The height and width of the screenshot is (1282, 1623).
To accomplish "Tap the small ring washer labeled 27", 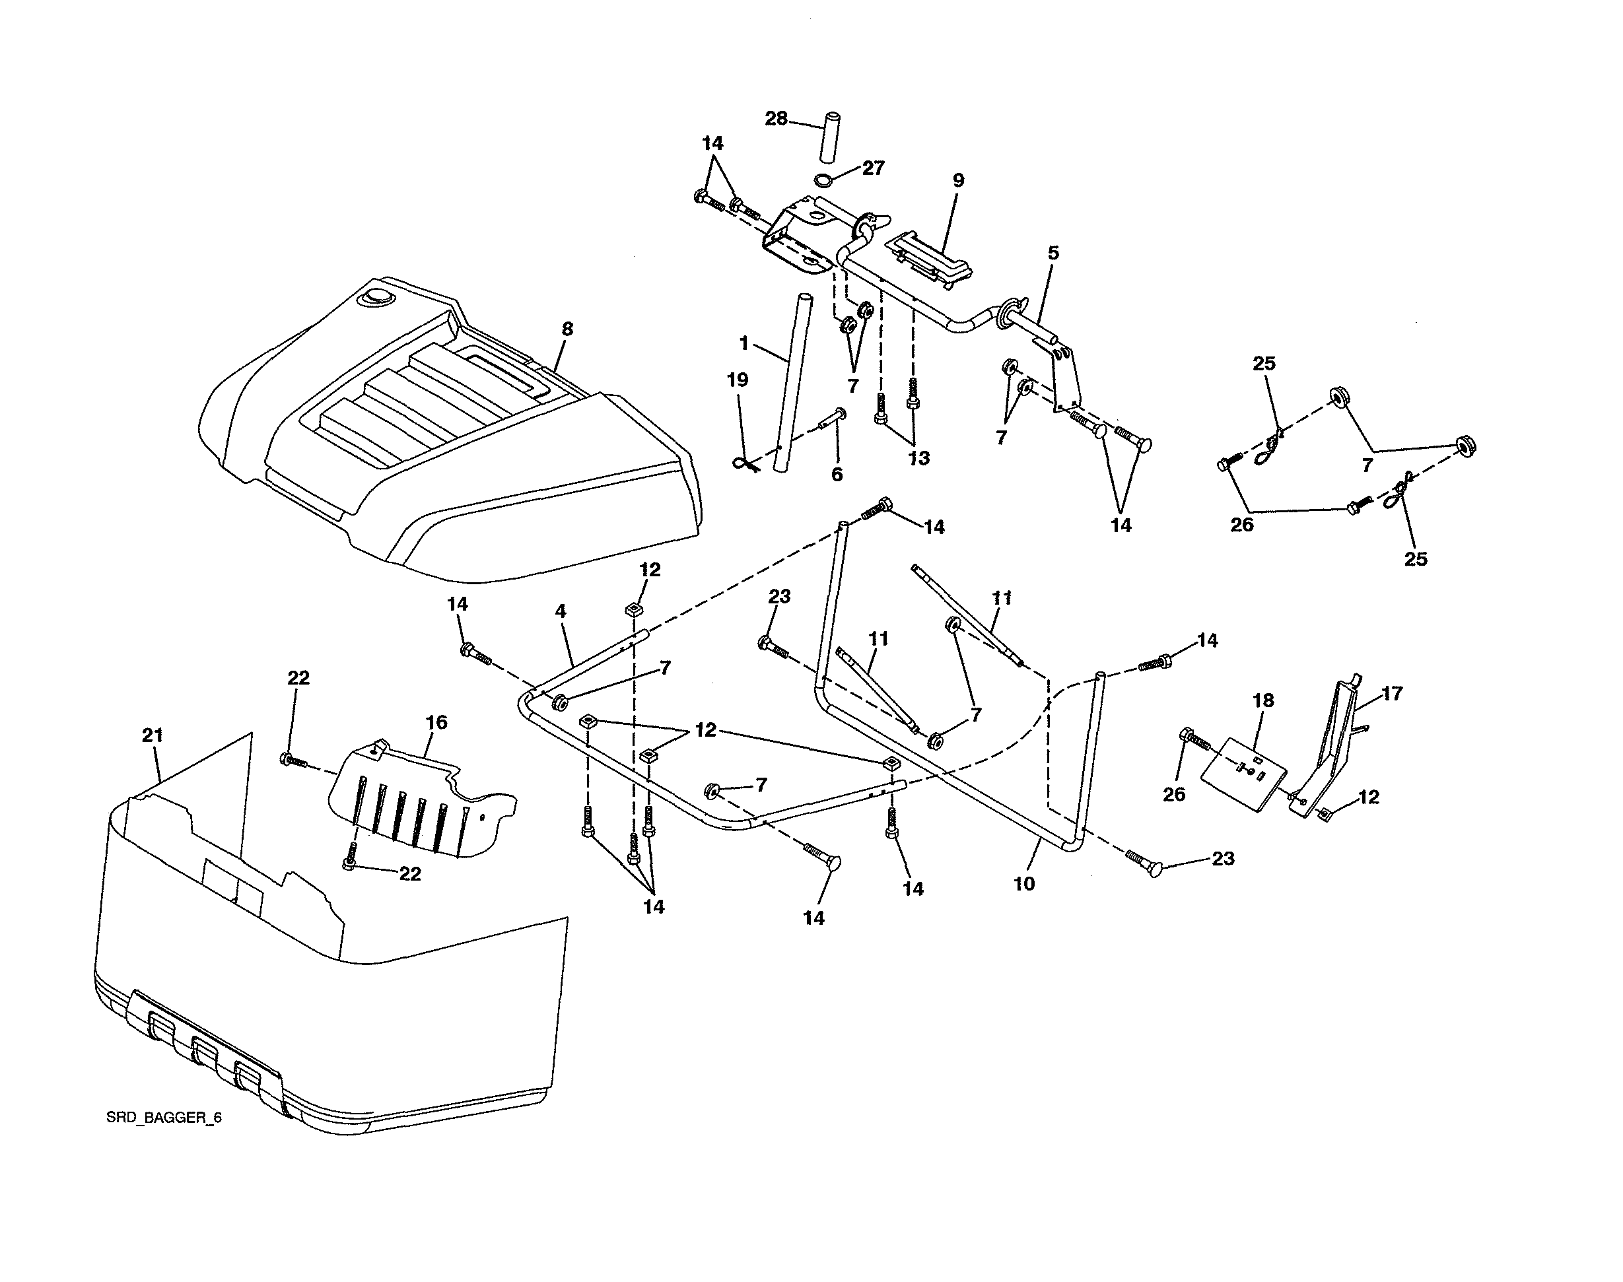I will point(823,180).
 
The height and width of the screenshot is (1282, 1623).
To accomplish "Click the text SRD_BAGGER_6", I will point(164,1118).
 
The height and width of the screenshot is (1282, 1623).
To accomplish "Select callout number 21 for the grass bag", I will point(153,735).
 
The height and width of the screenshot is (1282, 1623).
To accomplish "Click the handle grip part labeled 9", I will point(931,255).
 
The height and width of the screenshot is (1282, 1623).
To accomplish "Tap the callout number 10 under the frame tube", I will point(1024,884).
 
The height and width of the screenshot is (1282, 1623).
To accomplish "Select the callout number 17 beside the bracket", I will point(1391,694).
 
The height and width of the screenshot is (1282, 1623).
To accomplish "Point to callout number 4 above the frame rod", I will point(560,612).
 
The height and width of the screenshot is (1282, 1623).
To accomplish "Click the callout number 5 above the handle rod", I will point(1053,253).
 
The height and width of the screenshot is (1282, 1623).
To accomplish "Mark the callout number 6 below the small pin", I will point(837,475).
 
